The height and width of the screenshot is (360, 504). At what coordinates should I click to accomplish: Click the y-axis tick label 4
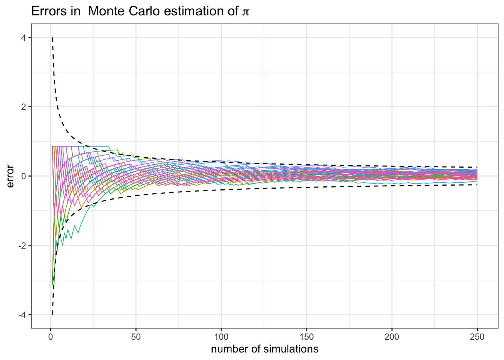tap(25, 37)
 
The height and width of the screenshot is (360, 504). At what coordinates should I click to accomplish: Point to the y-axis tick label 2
tap(25, 107)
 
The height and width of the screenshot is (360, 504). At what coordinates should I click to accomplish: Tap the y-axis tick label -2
tap(24, 245)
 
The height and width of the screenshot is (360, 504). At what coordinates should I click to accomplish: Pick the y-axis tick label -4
tap(24, 315)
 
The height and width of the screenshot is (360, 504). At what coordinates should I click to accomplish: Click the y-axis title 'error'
tap(10, 176)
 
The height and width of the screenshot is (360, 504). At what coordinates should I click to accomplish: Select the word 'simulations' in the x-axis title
tap(291, 349)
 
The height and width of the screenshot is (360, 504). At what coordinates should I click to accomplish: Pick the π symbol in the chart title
tap(246, 12)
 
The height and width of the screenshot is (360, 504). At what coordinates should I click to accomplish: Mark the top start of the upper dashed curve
tap(52, 38)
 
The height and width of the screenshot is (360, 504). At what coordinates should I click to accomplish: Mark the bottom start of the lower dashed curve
tap(52, 314)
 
